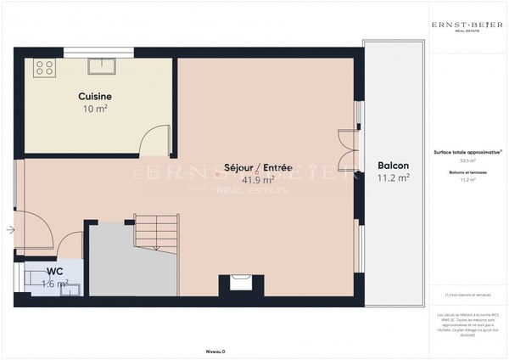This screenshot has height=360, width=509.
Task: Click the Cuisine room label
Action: [96, 97]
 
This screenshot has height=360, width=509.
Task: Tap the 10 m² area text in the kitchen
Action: [94, 110]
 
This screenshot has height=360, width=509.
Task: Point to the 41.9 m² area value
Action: [257, 180]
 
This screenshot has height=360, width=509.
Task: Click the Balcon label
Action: [393, 166]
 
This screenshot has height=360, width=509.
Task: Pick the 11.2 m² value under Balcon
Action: [393, 178]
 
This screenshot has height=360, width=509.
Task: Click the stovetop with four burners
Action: [44, 68]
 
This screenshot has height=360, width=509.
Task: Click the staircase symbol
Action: [156, 233]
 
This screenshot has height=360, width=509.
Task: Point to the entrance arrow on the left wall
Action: [9, 229]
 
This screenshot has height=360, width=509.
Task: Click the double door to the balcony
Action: [348, 151]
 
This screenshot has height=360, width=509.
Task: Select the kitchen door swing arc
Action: [154, 141]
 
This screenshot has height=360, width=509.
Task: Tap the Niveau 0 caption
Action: [215, 351]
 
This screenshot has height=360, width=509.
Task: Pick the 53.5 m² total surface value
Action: [467, 160]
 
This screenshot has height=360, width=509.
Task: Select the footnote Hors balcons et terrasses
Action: [467, 295]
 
